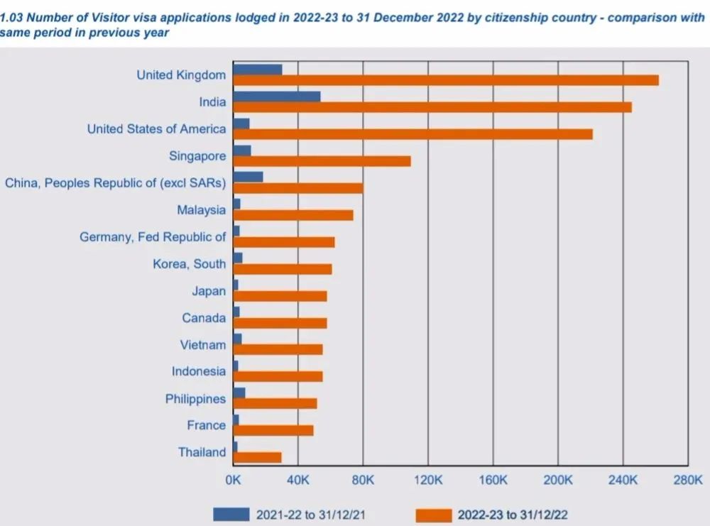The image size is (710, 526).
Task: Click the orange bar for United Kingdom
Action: pyautogui.click(x=445, y=80)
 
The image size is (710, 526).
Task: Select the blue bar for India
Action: pyautogui.click(x=276, y=97)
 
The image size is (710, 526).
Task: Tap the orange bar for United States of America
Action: pyautogui.click(x=413, y=134)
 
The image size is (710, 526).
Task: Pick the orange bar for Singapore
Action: pyautogui.click(x=322, y=161)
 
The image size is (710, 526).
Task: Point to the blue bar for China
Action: pyautogui.click(x=248, y=177)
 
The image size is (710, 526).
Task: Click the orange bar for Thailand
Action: pyautogui.click(x=257, y=457)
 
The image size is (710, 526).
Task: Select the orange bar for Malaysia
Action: pyautogui.click(x=293, y=215)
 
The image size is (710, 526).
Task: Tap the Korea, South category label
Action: pyautogui.click(x=189, y=264)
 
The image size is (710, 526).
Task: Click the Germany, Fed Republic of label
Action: pyautogui.click(x=152, y=237)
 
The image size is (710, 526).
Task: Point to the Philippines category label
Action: pyautogui.click(x=195, y=399)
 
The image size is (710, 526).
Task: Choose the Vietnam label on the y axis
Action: pyautogui.click(x=202, y=345)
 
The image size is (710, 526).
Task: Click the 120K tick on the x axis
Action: pyautogui.click(x=427, y=481)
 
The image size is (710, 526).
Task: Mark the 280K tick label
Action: pyautogui.click(x=687, y=481)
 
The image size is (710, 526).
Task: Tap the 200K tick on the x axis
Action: pyautogui.click(x=557, y=481)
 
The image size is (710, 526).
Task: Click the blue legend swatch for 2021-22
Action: pyautogui.click(x=231, y=514)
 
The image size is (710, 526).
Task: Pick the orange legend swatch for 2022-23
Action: pyautogui.click(x=432, y=514)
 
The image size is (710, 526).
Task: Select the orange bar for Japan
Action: pyautogui.click(x=280, y=296)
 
